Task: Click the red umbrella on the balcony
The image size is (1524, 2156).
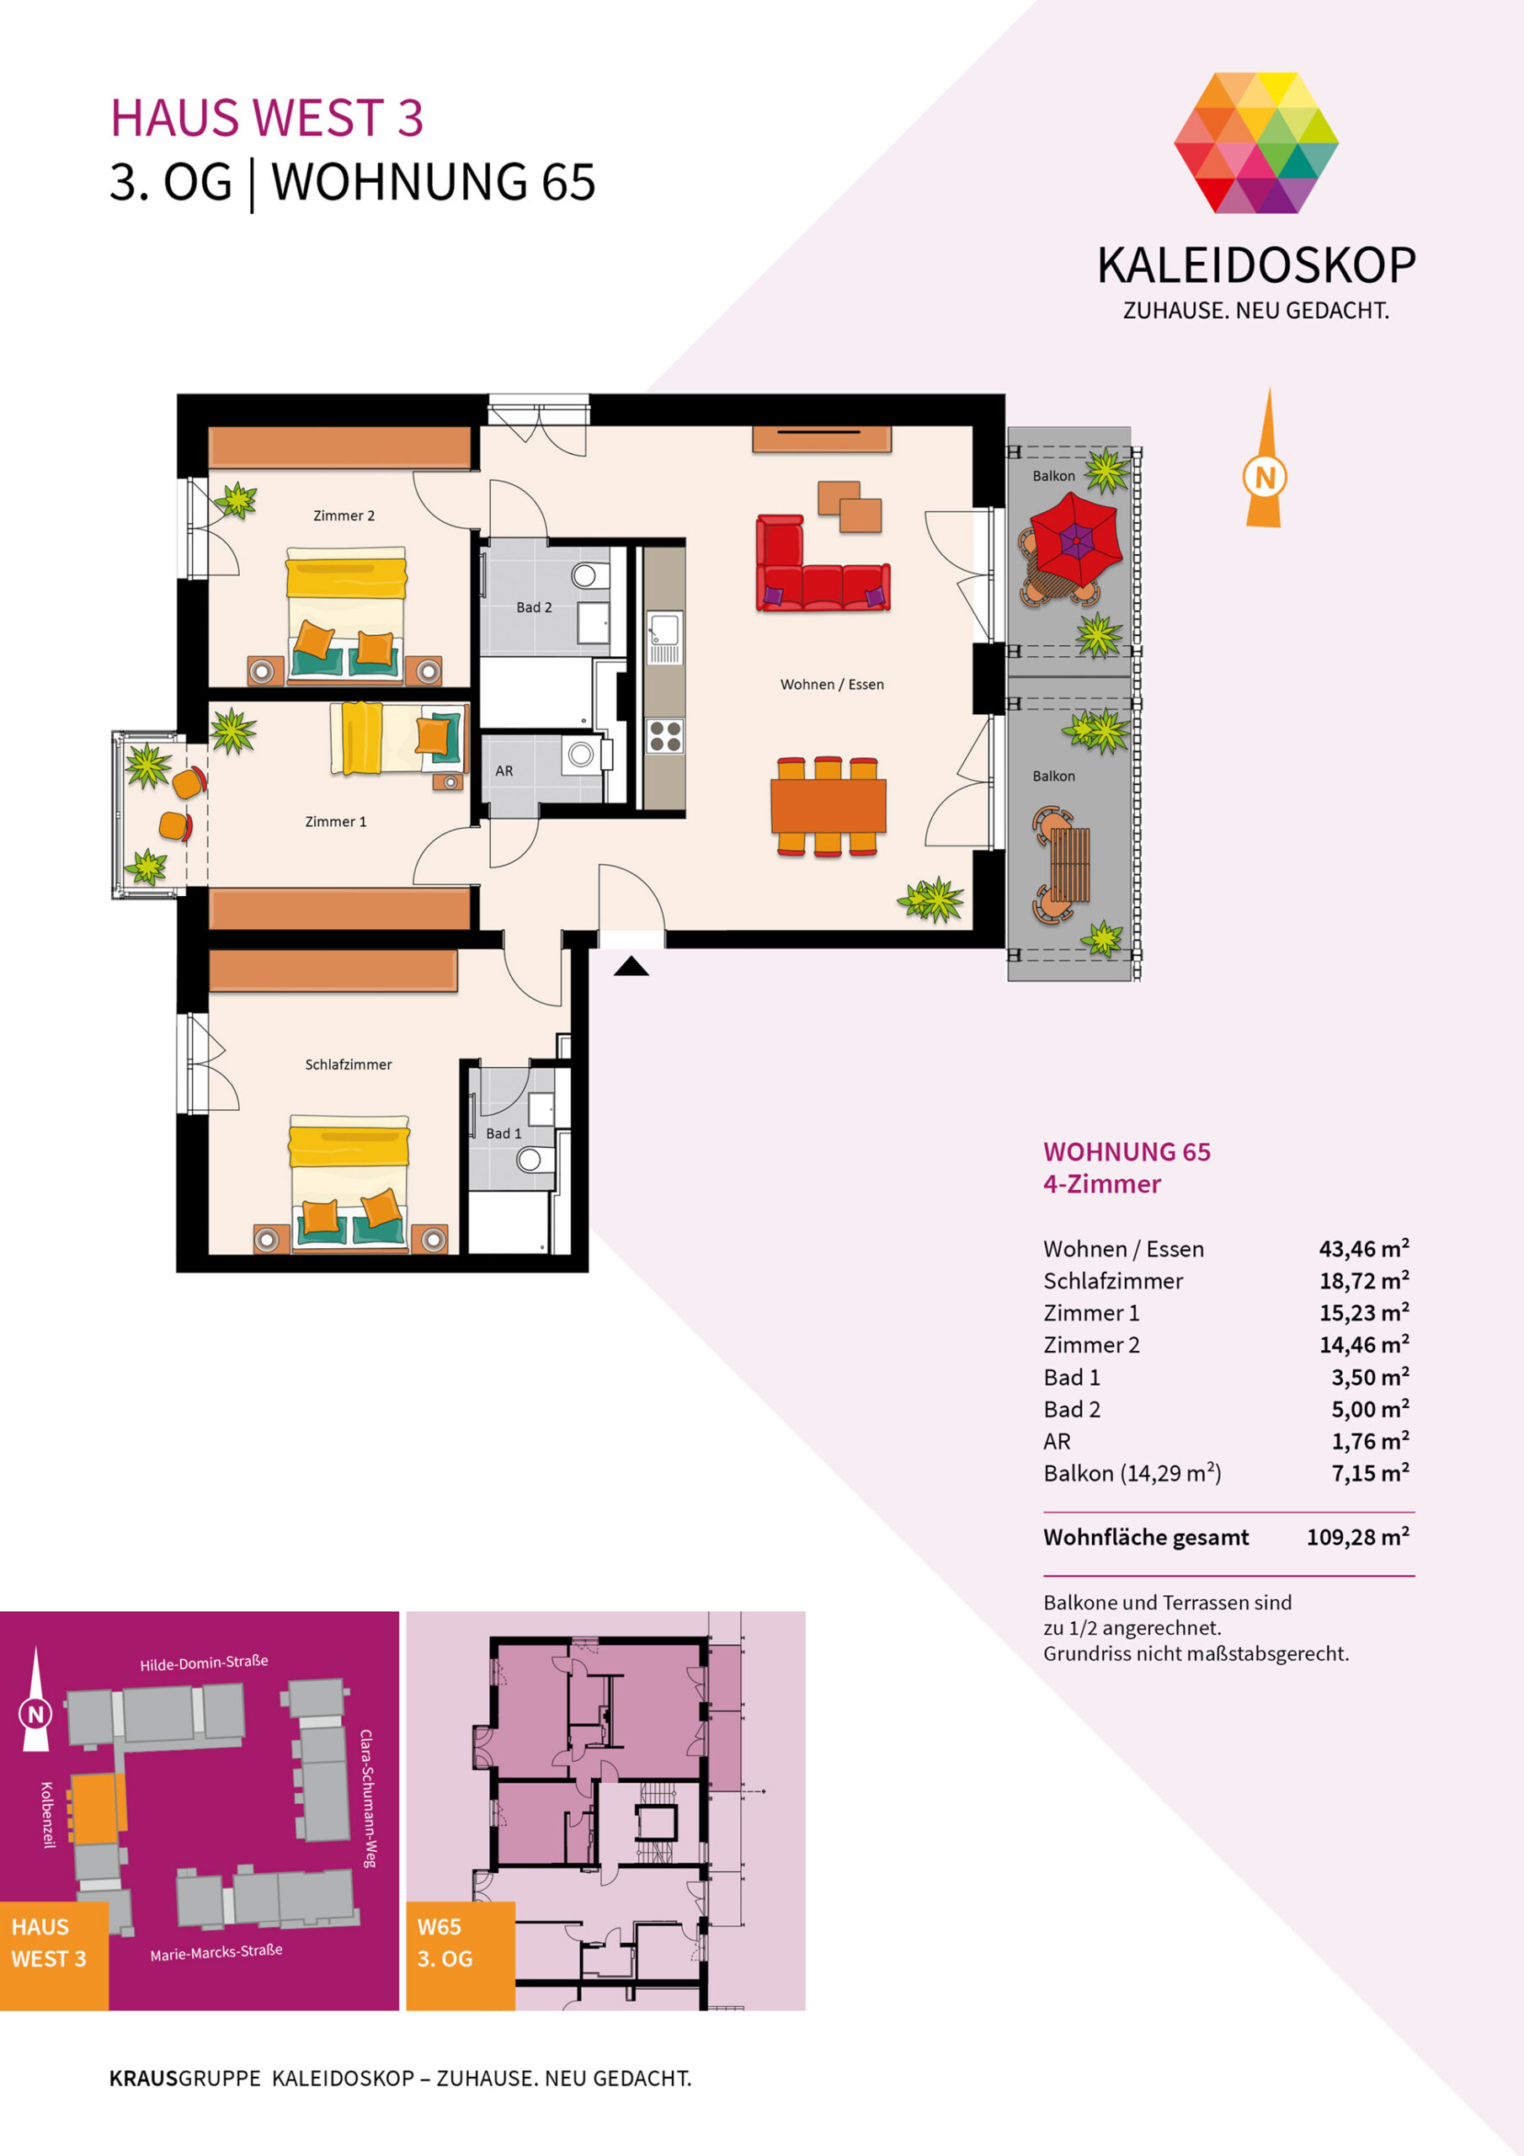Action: (1075, 539)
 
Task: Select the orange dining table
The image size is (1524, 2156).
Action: (829, 805)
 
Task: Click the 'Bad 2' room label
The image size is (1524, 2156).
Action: (535, 607)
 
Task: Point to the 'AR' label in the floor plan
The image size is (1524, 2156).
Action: (504, 771)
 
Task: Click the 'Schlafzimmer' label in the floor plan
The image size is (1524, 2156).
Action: (349, 1064)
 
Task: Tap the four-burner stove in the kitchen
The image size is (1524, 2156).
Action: (666, 735)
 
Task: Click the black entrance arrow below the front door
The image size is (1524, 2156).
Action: (631, 965)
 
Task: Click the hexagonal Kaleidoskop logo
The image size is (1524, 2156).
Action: (1256, 142)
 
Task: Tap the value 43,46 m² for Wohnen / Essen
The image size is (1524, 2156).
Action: (1363, 1249)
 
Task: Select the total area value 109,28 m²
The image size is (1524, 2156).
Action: (1358, 1537)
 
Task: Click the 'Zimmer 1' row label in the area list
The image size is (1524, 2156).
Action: (1091, 1313)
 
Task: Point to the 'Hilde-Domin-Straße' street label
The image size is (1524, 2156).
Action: (204, 1663)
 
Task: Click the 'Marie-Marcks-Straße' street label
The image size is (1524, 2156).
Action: (216, 1953)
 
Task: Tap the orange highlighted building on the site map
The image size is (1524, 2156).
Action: (98, 1807)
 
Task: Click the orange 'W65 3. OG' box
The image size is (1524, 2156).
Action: (460, 1956)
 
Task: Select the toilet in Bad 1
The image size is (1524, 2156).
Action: (530, 1159)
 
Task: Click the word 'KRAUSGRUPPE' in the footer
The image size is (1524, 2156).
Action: (185, 2078)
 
